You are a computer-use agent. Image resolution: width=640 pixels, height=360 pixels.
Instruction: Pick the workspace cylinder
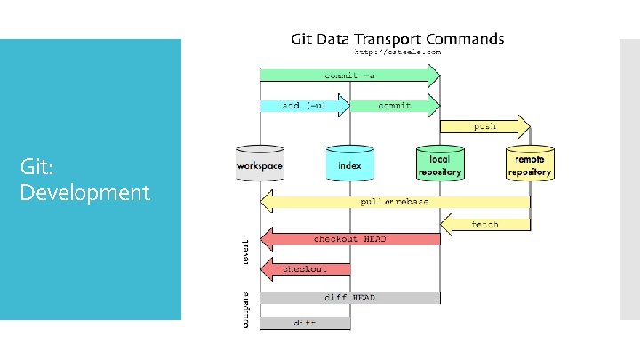pos(260,164)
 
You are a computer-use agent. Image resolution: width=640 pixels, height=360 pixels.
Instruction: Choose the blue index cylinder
pos(349,164)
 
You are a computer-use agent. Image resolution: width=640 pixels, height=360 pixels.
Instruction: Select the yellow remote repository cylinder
pos(530,164)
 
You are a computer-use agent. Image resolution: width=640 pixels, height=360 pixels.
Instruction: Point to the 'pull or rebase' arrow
pos(395,202)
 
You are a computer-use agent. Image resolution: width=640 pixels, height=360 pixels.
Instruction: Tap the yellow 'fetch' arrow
pos(484,224)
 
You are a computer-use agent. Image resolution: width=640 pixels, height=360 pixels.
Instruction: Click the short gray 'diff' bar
pos(305,323)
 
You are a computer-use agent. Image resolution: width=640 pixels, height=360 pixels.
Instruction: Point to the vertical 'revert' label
pos(246,250)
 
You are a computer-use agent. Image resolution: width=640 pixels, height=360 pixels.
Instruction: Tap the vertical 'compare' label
pos(246,309)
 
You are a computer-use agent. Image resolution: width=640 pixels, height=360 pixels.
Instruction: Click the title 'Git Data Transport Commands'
pos(398,39)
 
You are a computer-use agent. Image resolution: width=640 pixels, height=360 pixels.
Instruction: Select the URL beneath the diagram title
pos(398,52)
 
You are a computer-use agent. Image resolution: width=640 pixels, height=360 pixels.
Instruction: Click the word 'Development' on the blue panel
pos(84,192)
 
